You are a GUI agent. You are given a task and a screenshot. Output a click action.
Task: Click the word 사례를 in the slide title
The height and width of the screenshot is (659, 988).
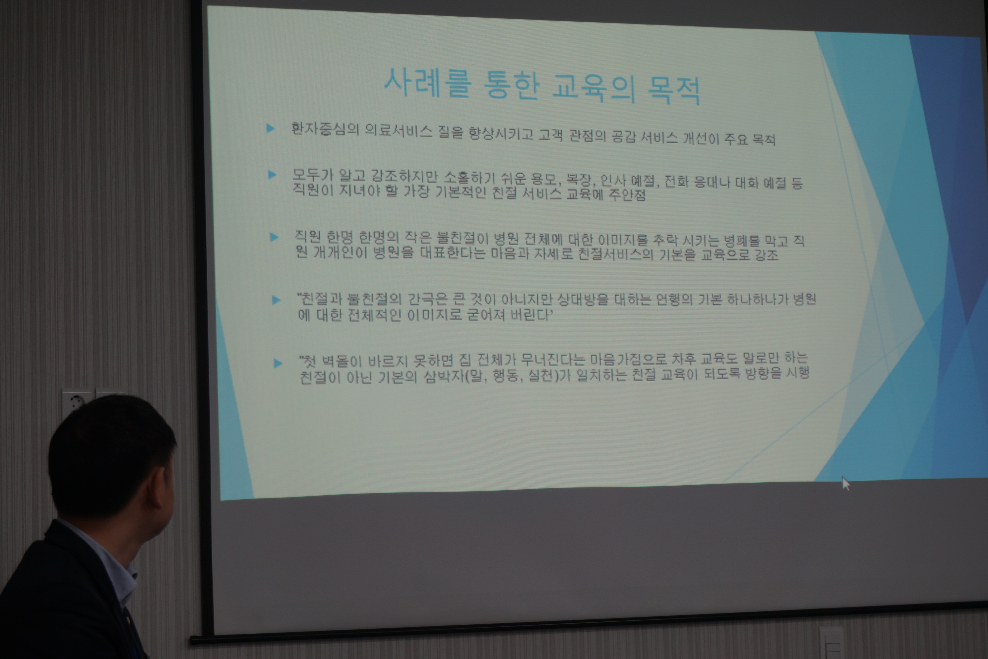tap(428, 83)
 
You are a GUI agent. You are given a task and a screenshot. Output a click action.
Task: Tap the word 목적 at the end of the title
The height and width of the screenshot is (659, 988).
tap(674, 90)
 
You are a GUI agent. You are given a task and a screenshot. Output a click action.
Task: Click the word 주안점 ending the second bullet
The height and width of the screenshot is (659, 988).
tap(627, 195)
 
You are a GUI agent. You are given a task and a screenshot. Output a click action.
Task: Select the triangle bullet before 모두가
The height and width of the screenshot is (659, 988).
tap(272, 175)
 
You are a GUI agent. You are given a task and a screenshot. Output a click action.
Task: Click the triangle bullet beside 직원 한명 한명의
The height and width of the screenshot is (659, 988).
tap(274, 237)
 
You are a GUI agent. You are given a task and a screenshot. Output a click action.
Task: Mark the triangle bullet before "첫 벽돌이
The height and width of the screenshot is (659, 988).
tap(278, 363)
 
